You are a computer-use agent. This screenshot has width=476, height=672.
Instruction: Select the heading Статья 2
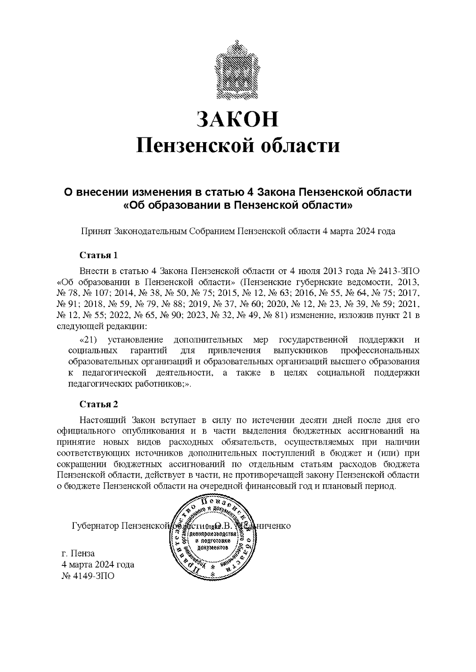[99, 404]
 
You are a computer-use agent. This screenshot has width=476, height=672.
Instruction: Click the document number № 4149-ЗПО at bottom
[88, 576]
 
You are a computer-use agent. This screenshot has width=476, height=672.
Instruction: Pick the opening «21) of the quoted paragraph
[88, 340]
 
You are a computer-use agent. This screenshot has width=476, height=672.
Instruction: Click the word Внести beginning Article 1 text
[94, 271]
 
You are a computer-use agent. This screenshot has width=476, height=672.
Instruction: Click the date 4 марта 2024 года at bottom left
[97, 564]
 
